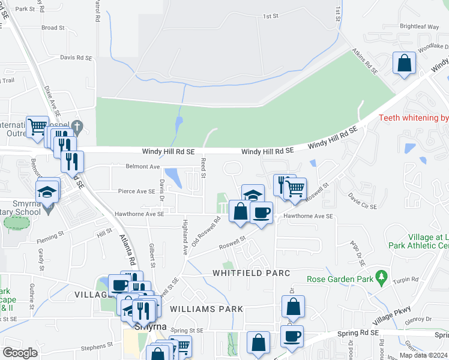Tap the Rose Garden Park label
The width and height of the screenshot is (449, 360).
(339, 279)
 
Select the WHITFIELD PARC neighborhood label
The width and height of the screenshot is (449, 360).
(252, 273)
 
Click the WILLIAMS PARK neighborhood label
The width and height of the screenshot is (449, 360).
(206, 309)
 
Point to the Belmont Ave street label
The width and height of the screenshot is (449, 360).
(143, 166)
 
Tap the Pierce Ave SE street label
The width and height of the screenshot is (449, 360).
(137, 191)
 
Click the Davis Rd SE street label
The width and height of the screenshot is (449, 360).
(76, 58)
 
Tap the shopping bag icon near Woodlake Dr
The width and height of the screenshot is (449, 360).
(405, 62)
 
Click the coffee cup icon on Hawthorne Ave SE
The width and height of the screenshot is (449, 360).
(261, 212)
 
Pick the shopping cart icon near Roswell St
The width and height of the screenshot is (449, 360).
(295, 189)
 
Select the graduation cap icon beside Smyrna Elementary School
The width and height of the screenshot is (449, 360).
(47, 191)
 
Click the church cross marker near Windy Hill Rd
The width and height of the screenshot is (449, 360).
(76, 127)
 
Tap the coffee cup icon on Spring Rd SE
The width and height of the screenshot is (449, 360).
(292, 336)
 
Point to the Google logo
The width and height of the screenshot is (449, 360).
(20, 353)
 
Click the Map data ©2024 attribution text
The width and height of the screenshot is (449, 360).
(423, 355)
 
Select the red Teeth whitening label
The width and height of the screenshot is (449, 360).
(414, 118)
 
